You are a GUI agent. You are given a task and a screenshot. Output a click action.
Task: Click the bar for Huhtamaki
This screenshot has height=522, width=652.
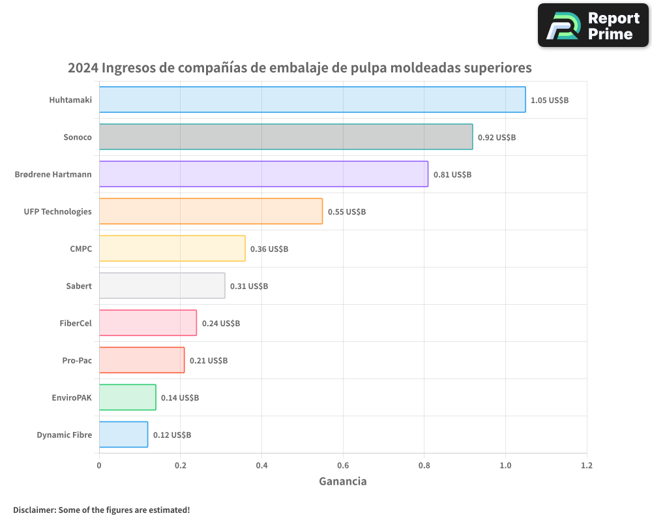312,100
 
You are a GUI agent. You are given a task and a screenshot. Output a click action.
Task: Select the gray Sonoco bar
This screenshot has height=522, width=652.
286,137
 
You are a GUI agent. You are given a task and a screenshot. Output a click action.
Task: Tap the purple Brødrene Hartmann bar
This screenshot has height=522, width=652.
263,174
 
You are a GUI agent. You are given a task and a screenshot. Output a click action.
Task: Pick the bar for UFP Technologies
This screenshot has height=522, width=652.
211,211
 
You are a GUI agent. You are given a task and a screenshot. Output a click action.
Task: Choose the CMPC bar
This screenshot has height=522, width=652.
172,249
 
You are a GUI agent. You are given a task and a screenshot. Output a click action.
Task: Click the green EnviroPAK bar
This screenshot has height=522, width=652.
127,397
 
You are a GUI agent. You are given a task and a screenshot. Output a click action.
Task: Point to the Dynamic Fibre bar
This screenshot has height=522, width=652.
123,435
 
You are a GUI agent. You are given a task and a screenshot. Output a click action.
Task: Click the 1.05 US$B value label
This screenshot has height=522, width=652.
550,100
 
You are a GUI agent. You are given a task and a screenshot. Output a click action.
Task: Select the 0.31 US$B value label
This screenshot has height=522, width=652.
249,286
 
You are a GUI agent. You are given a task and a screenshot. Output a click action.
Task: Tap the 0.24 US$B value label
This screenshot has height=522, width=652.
221,324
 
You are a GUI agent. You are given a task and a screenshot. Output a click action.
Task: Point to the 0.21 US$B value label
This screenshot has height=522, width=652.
209,361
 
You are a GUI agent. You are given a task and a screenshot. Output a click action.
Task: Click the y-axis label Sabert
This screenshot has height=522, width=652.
79,286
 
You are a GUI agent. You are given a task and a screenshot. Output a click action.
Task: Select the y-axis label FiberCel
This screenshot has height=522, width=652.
76,323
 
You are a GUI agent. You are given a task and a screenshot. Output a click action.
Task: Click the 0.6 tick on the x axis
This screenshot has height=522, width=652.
343,466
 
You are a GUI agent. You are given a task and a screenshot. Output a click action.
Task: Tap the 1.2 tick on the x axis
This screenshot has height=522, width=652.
587,466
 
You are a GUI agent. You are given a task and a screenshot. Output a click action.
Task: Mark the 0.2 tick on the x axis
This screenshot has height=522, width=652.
181,466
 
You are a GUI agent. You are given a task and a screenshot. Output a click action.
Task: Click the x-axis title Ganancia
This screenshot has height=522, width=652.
343,482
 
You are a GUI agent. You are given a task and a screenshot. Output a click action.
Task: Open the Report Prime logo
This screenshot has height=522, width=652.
593,25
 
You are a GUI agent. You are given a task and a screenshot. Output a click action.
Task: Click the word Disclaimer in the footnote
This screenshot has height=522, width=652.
34,510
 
